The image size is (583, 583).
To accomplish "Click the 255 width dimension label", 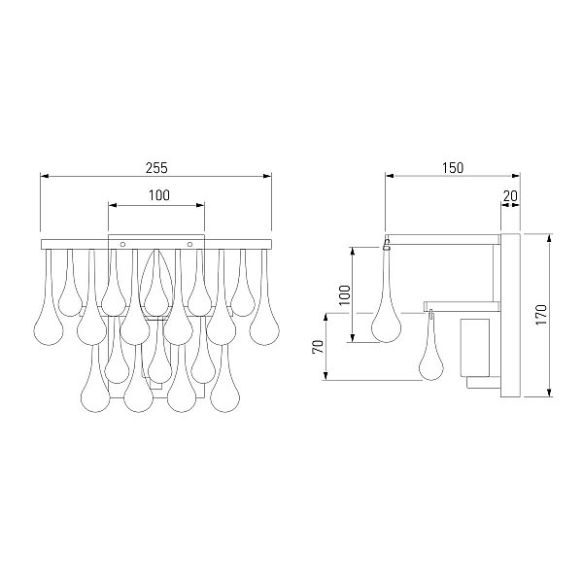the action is click(156, 168).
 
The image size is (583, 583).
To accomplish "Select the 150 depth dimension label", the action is click(453, 168).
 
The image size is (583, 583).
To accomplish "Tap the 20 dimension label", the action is click(510, 195).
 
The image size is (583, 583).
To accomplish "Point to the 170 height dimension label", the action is click(541, 315).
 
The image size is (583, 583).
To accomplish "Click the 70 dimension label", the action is click(318, 347).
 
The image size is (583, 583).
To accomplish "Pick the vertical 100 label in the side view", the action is click(345, 294).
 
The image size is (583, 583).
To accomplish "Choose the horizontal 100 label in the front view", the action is click(159, 195).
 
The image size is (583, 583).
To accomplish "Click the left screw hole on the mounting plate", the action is click(122, 244).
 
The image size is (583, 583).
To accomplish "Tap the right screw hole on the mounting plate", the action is click(190, 244).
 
